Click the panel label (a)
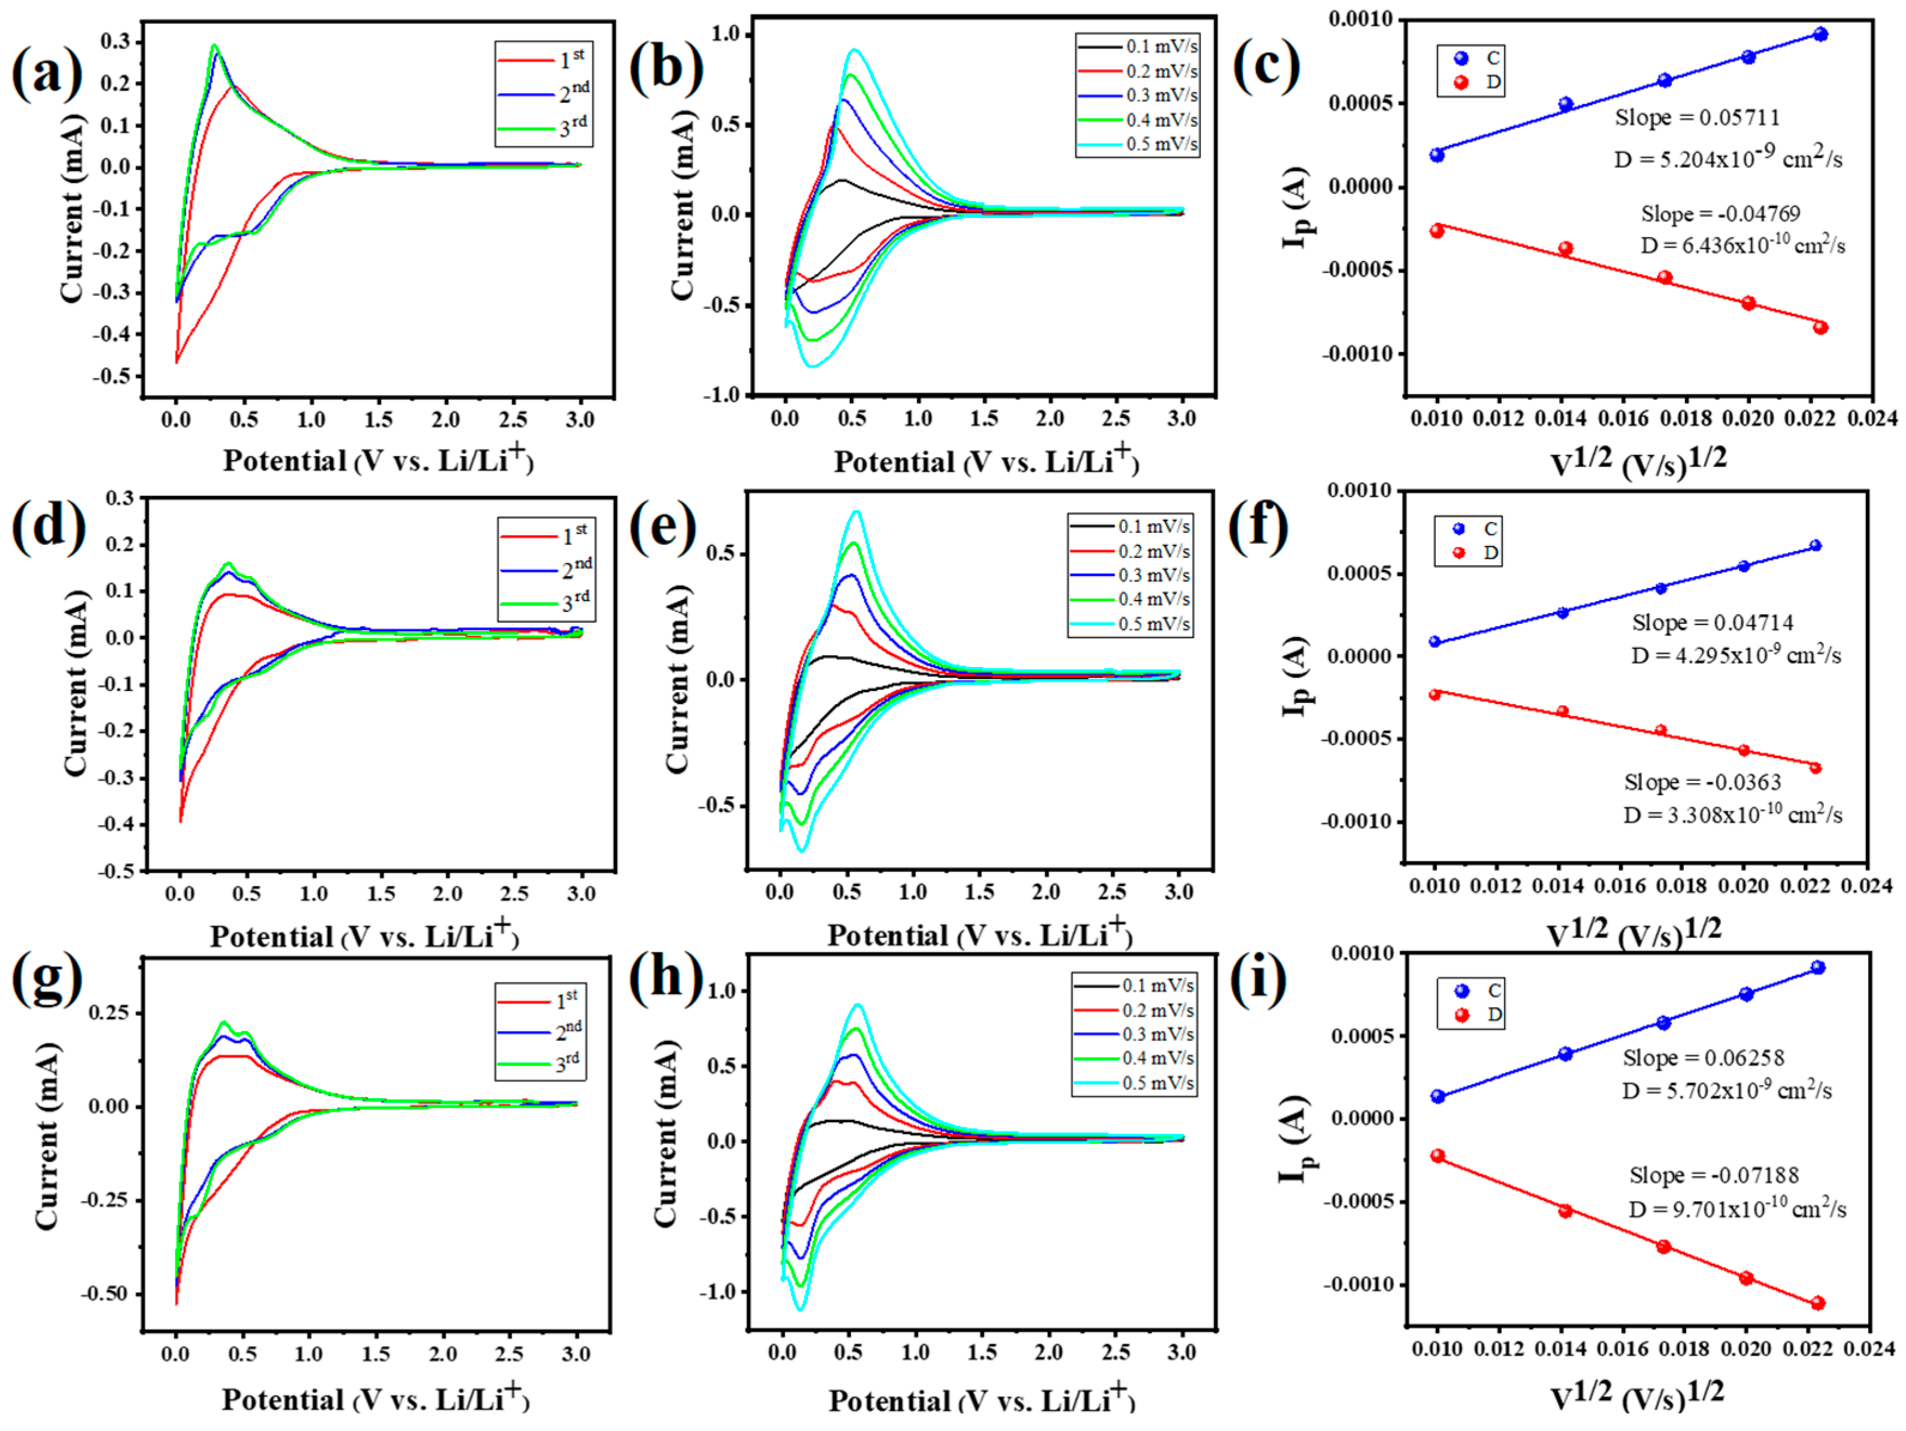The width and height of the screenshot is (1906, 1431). (x=47, y=72)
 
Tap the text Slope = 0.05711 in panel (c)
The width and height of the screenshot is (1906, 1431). (x=1696, y=117)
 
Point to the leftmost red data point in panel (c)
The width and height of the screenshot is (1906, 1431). (x=1436, y=231)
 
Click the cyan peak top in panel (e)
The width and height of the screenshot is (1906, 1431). (x=855, y=512)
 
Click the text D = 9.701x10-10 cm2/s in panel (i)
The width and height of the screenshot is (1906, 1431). (x=1736, y=1209)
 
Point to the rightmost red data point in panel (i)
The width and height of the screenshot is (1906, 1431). (x=1817, y=1303)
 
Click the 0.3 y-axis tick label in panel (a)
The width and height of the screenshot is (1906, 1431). (x=116, y=41)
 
